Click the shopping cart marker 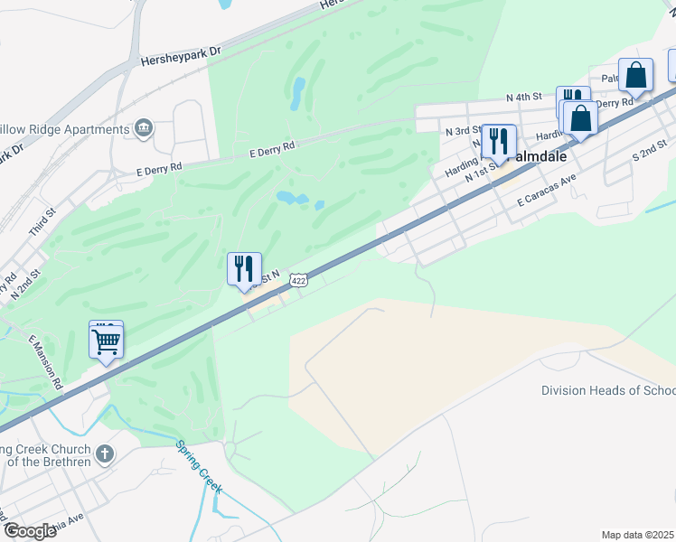107,341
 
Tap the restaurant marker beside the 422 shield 244,269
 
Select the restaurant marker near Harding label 499,141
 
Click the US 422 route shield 299,282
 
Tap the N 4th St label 524,97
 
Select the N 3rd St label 464,131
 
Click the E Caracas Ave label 547,198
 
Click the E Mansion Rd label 45,362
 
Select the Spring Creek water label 199,466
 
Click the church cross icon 105,453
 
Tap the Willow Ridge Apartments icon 143,129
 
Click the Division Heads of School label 608,391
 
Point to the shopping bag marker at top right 636,76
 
